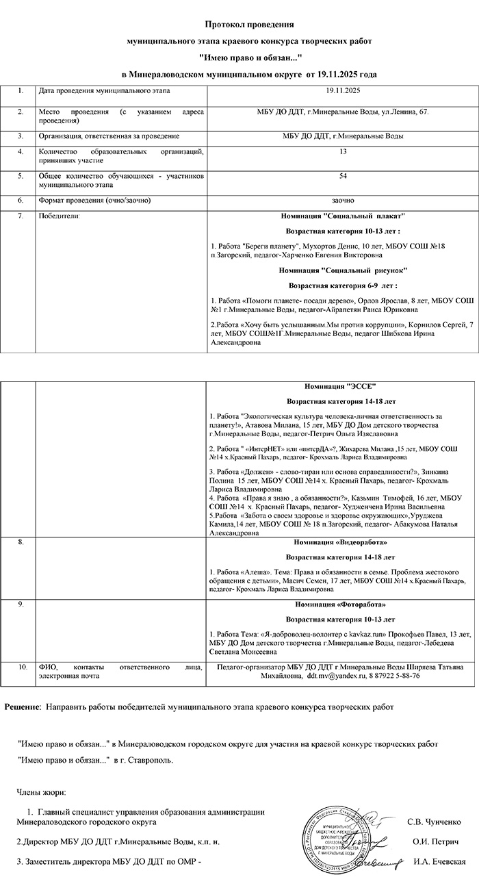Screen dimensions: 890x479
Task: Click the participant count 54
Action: point(342,176)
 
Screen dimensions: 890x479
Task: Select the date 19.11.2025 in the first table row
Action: point(342,90)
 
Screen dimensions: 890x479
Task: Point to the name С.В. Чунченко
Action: point(434,822)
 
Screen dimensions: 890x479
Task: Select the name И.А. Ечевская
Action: point(440,861)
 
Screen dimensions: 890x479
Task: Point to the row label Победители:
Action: point(60,216)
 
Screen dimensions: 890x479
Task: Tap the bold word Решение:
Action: point(23,705)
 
